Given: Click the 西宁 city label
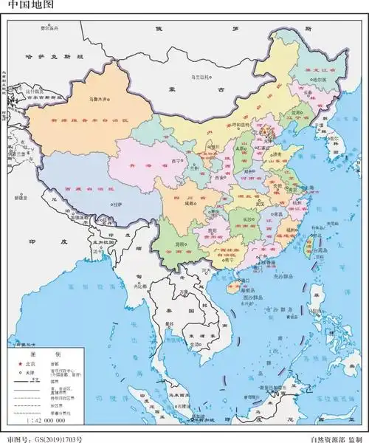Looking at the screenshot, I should (x=176, y=159).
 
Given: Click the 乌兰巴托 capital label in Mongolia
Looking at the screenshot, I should (x=199, y=76).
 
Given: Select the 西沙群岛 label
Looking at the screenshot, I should (x=258, y=298).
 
